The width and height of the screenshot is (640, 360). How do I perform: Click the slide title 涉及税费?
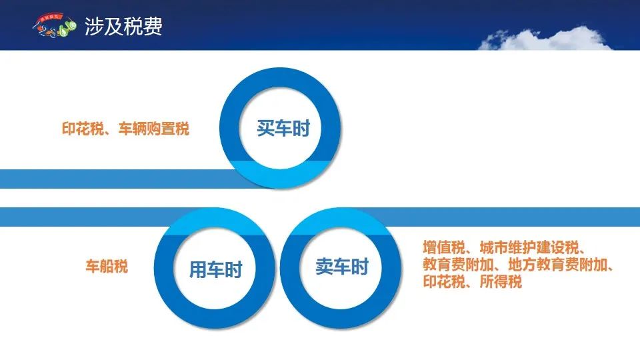[123, 27]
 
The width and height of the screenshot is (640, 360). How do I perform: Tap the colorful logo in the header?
[54, 26]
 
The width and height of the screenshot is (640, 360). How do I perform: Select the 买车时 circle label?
[283, 128]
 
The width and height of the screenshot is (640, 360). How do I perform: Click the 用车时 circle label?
[215, 269]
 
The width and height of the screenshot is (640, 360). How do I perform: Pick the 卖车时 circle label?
[342, 267]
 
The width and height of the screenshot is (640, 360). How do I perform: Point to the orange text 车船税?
[107, 266]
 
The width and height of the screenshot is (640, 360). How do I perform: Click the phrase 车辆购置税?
[154, 129]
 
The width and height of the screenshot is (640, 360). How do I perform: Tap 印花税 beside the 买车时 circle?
[83, 129]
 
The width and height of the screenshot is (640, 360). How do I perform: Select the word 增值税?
[444, 248]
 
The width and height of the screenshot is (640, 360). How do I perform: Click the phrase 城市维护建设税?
[529, 248]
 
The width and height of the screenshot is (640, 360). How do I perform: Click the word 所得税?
[501, 281]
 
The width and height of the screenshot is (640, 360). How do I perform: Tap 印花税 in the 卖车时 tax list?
[444, 281]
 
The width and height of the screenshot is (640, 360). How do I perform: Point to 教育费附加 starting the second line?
[459, 265]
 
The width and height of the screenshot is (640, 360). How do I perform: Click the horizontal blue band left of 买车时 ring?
[119, 179]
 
